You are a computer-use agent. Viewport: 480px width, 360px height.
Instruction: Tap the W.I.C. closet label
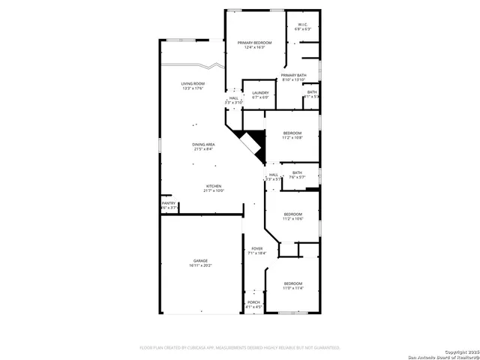tap(303, 25)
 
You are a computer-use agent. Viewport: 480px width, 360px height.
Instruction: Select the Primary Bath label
tap(294, 75)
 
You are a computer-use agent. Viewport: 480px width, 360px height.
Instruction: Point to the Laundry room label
tap(260, 93)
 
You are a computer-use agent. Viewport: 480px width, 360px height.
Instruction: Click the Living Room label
tap(193, 83)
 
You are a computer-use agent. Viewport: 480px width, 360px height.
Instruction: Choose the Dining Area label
tap(204, 144)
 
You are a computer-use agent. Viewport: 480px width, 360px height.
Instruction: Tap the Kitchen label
tap(214, 186)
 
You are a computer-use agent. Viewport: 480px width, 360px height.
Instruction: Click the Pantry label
tap(168, 203)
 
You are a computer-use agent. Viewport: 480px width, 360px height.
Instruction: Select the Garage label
tap(200, 260)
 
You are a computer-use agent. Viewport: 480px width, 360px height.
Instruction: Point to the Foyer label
tap(256, 248)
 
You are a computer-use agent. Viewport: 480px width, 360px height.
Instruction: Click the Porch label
tap(253, 302)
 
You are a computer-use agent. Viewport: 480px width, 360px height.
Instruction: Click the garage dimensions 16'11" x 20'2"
tap(200, 265)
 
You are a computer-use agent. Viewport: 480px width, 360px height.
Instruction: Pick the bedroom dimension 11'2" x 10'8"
tap(292, 138)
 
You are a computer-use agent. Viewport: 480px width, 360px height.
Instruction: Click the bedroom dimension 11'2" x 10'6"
tap(292, 219)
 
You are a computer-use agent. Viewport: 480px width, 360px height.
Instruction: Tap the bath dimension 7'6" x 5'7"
tap(298, 178)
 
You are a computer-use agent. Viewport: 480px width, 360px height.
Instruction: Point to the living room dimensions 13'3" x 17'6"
tap(193, 88)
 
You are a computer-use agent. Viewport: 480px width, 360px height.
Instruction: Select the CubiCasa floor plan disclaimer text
tap(240, 348)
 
